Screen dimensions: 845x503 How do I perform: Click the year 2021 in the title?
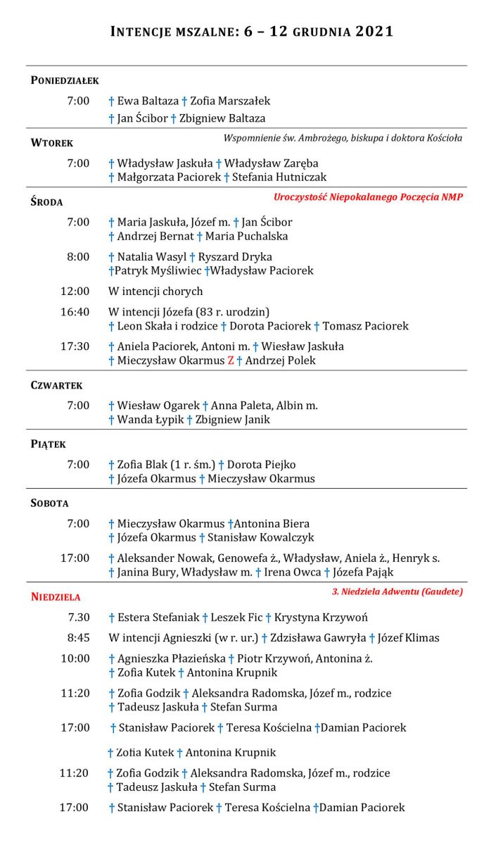[x=370, y=32]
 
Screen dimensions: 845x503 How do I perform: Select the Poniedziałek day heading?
[x=65, y=80]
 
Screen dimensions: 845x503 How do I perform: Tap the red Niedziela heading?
[x=56, y=597]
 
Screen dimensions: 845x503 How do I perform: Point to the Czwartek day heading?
[x=57, y=386]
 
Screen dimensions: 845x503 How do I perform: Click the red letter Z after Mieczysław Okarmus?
[x=230, y=361]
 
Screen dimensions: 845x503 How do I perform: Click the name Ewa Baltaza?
[x=148, y=101]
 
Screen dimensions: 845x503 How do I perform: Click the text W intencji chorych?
[x=155, y=292]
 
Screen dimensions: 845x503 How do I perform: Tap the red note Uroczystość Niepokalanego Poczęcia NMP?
[x=368, y=197]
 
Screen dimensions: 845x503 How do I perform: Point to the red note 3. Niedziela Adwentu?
[x=397, y=591]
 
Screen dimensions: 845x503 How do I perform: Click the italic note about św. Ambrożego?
[x=343, y=138]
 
